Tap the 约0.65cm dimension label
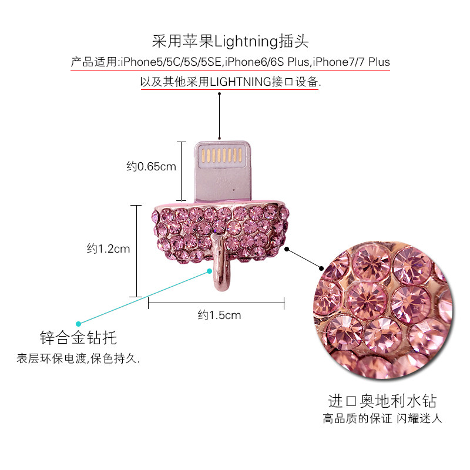tap(151, 166)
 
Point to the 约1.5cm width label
tap(219, 315)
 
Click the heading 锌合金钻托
tap(78, 338)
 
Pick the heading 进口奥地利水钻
tap(382, 402)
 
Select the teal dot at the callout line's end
tap(78, 323)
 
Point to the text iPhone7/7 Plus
tap(351, 62)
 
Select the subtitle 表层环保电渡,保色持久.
tap(78, 358)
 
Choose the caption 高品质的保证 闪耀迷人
tap(382, 419)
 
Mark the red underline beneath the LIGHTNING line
tap(229, 89)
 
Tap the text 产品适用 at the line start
tap(93, 62)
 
